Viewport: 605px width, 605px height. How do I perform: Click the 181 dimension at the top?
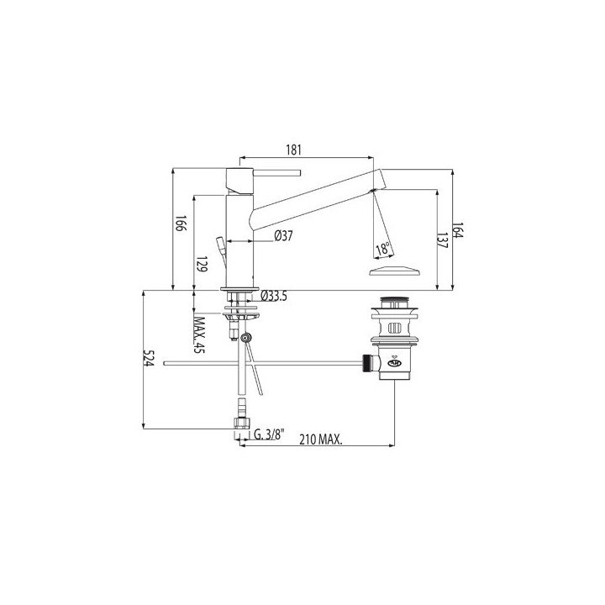click(293, 150)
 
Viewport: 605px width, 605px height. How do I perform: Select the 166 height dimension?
click(181, 224)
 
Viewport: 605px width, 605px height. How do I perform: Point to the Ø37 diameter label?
click(282, 237)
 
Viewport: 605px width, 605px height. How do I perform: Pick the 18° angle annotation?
click(383, 249)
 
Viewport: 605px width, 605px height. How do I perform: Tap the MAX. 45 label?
click(200, 334)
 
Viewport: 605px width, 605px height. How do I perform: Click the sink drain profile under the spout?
click(392, 271)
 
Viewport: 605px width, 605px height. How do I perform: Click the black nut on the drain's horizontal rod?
click(366, 363)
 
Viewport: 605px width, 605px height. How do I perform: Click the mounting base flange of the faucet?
click(239, 292)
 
